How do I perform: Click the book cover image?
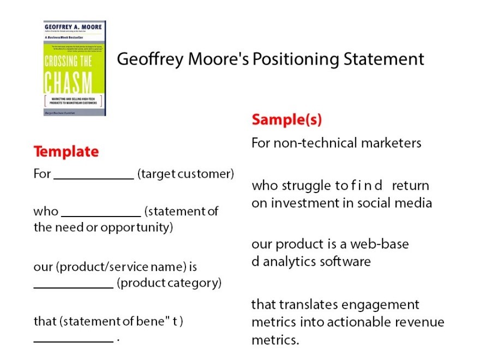tap(75, 68)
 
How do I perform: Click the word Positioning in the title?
tap(295, 59)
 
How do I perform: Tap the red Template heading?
tap(66, 151)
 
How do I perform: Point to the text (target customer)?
tap(185, 174)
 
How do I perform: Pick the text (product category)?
tap(169, 283)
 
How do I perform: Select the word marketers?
tap(394, 143)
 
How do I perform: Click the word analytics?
tap(294, 261)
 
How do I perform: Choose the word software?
tap(349, 261)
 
